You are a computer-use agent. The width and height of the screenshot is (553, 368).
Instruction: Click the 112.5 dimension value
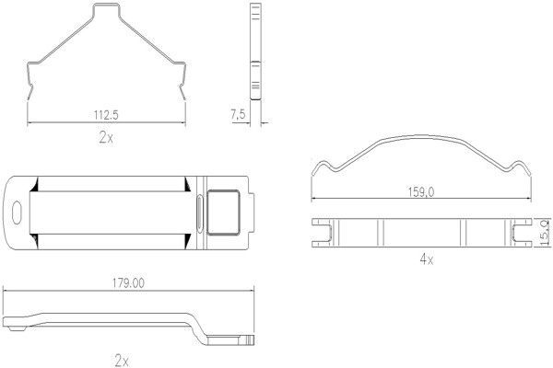106,115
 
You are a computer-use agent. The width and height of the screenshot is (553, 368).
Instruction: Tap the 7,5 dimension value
238,114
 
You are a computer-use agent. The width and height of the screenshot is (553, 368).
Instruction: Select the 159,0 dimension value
421,192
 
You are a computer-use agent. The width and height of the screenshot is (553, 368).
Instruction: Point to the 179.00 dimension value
128,283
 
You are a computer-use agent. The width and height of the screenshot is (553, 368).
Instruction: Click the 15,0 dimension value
545,233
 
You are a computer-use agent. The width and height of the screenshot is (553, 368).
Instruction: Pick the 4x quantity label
427,259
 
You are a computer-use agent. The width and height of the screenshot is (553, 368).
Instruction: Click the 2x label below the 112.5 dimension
106,137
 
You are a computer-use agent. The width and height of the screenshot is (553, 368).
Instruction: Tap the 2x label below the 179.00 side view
122,361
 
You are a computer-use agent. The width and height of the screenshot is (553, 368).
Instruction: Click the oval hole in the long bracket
17,213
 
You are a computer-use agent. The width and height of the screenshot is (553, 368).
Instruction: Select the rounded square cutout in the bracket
224,213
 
